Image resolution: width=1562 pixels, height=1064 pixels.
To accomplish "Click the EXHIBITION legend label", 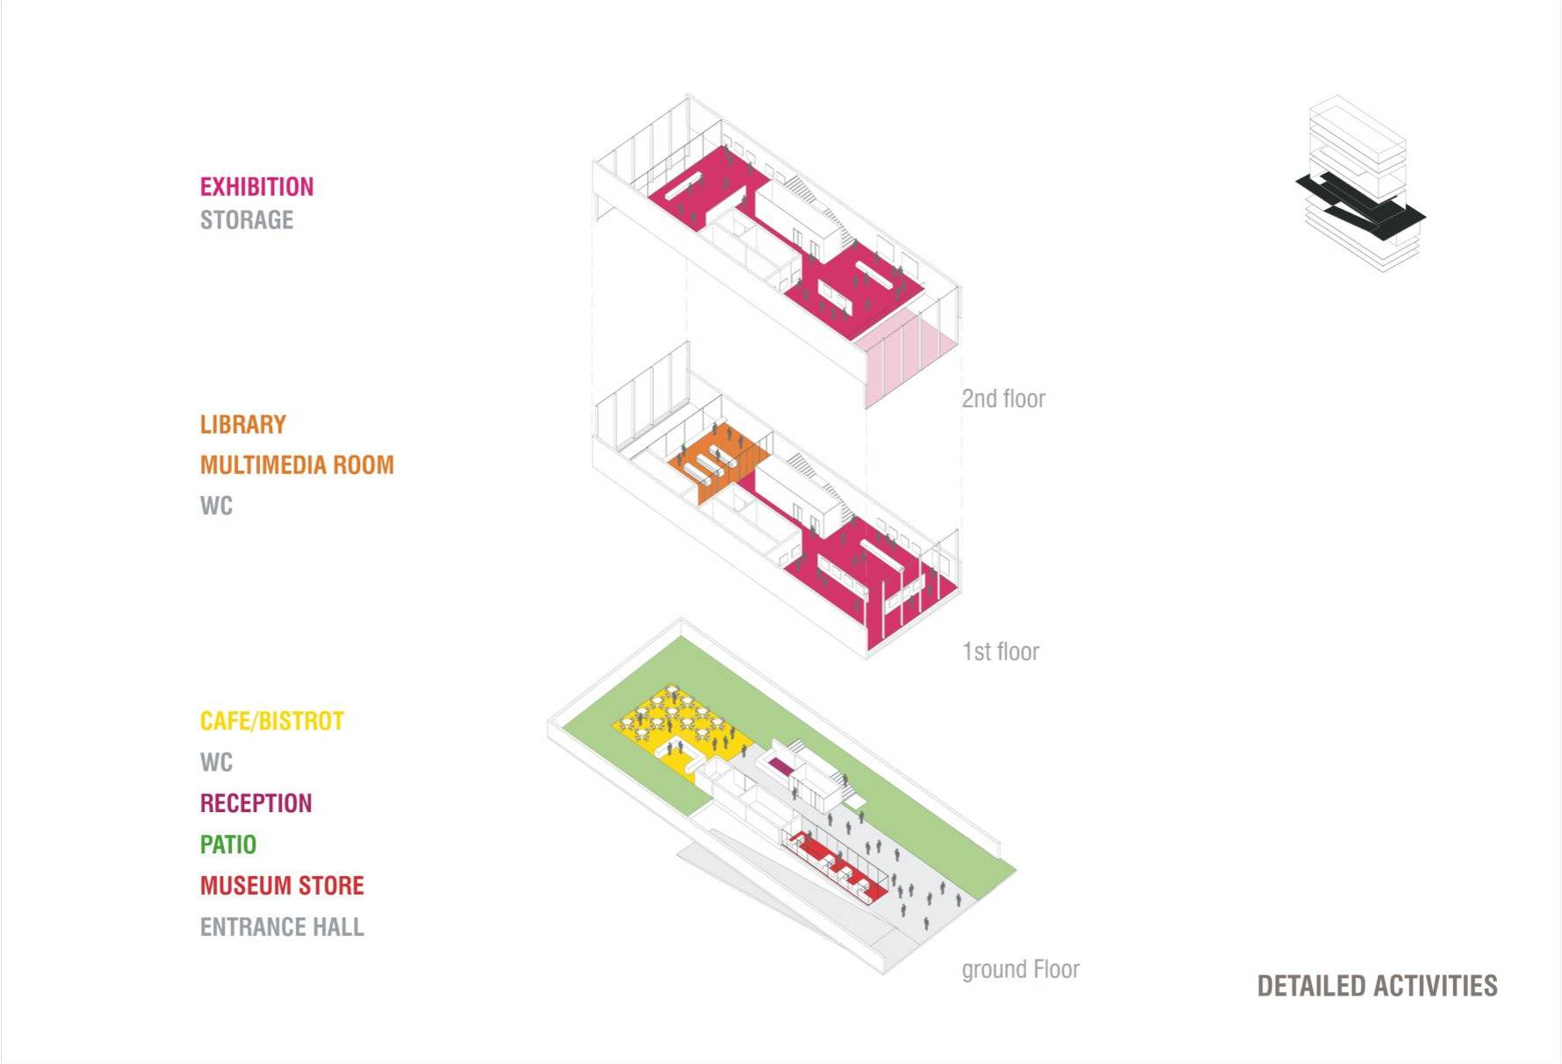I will [x=256, y=187].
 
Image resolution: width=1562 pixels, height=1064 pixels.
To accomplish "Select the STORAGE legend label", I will [x=247, y=219].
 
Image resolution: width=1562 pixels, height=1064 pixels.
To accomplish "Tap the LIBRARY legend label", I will [x=243, y=425].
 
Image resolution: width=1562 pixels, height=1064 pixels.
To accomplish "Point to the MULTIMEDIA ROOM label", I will [x=297, y=465].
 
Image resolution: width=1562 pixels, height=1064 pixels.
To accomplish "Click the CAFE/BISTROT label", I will [x=272, y=722].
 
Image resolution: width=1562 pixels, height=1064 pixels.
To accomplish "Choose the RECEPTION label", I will [x=256, y=803].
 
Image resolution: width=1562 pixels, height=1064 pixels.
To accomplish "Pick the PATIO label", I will [x=228, y=845].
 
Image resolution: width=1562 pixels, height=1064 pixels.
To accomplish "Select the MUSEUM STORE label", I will [x=282, y=886].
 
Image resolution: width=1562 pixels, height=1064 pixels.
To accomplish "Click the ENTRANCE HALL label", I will [x=282, y=927].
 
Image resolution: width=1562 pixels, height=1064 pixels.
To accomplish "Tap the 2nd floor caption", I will [x=1004, y=399].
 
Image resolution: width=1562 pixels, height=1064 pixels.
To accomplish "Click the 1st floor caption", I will [x=1000, y=651].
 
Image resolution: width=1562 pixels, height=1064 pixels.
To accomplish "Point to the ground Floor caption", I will [x=1020, y=969].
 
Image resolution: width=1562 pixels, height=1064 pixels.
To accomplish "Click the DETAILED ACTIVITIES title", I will [x=1377, y=986].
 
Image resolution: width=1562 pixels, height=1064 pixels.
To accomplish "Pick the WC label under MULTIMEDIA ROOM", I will [x=216, y=507].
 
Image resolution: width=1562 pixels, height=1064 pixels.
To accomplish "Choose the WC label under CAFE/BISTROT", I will [x=216, y=762].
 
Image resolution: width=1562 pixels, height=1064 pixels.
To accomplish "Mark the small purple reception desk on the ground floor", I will [x=778, y=769].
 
